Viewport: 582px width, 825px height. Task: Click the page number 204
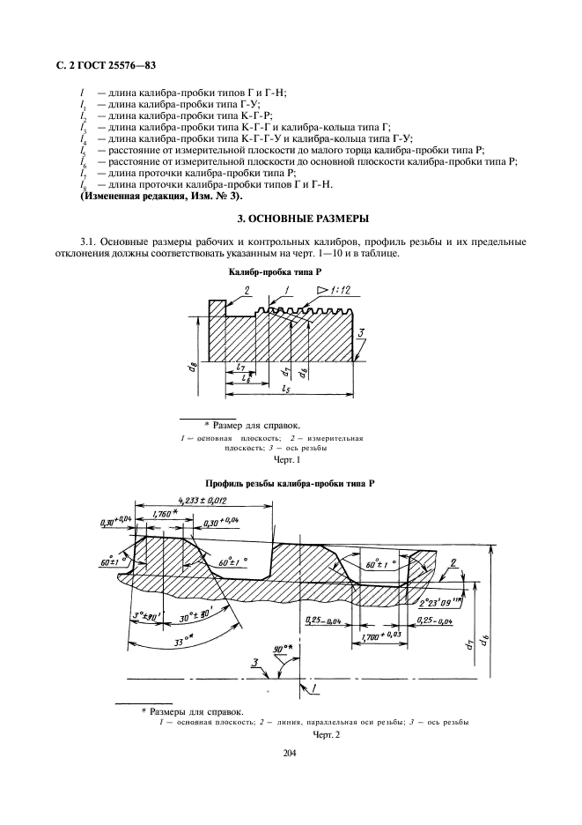point(291,753)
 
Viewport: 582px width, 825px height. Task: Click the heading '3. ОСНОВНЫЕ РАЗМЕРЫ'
point(291,218)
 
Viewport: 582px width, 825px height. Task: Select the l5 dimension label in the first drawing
point(287,389)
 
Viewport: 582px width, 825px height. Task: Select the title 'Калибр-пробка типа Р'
point(290,275)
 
